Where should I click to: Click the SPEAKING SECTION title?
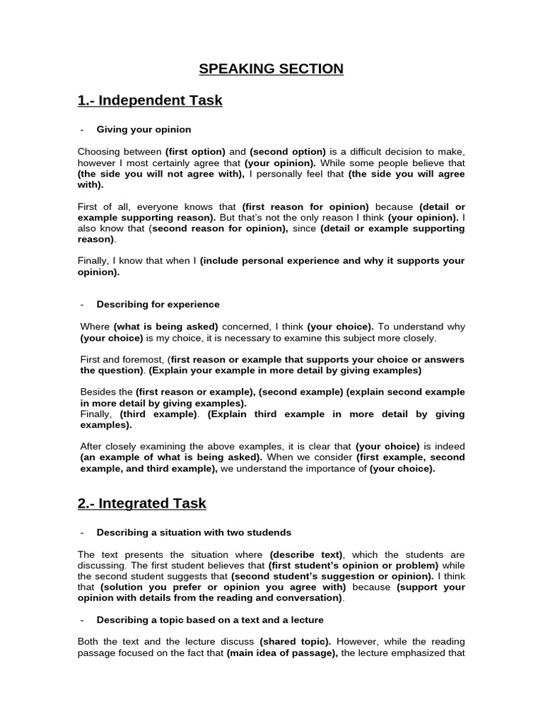(x=271, y=69)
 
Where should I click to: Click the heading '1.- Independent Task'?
(x=150, y=100)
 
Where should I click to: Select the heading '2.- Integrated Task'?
(x=141, y=503)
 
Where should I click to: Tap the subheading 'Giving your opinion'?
(x=144, y=129)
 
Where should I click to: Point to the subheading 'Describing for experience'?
(x=158, y=304)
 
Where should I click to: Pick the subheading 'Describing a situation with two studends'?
(x=194, y=532)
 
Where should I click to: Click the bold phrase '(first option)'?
(x=195, y=152)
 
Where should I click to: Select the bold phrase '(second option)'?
(x=288, y=152)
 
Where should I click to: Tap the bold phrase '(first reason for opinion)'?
(x=305, y=206)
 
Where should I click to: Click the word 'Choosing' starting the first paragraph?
(x=98, y=152)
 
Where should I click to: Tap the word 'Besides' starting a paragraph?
(x=96, y=392)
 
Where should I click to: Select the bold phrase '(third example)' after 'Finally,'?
(x=158, y=414)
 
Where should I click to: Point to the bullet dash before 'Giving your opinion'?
(x=83, y=129)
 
